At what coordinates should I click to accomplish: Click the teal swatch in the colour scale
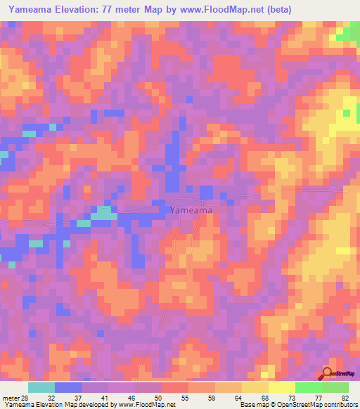[x=41, y=387]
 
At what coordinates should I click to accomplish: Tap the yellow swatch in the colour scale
[x=281, y=387]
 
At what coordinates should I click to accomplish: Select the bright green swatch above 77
[x=308, y=387]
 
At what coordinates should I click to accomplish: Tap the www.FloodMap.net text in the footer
[x=146, y=405]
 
